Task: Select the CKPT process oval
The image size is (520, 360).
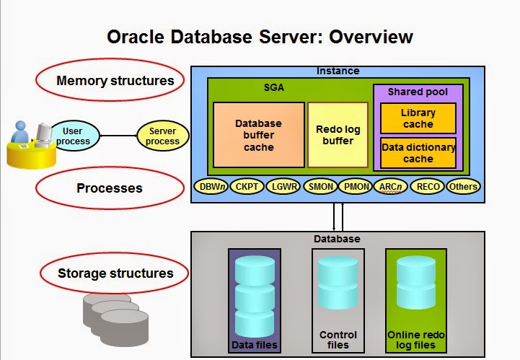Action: (x=248, y=187)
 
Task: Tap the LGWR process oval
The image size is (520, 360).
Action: (x=283, y=187)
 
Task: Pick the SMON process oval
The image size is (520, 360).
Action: (x=320, y=187)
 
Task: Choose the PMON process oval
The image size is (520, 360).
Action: (x=355, y=187)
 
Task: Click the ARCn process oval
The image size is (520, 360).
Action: (x=392, y=187)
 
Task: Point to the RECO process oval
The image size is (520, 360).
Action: (x=428, y=187)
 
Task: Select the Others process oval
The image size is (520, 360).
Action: (x=463, y=187)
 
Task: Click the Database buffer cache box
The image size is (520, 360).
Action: (x=258, y=135)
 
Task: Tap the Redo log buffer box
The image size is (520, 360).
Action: (x=338, y=135)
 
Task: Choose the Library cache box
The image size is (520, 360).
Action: (x=418, y=118)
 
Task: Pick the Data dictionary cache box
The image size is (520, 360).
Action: (x=418, y=153)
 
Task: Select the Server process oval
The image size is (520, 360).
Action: (x=163, y=136)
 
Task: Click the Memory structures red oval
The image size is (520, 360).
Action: (x=115, y=80)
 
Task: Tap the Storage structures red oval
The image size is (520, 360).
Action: (x=115, y=273)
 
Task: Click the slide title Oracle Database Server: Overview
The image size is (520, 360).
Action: (x=260, y=37)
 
